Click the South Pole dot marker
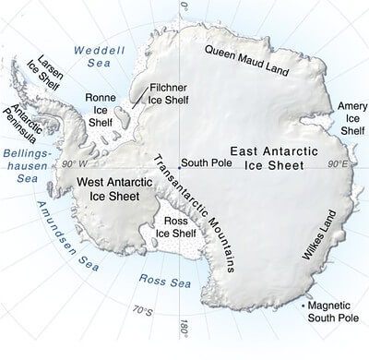click(x=179, y=162)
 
